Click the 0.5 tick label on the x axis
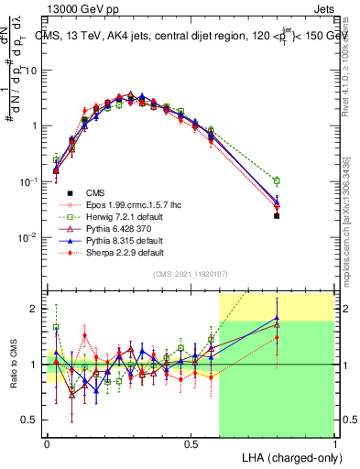[191, 443]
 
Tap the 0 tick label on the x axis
[48, 443]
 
